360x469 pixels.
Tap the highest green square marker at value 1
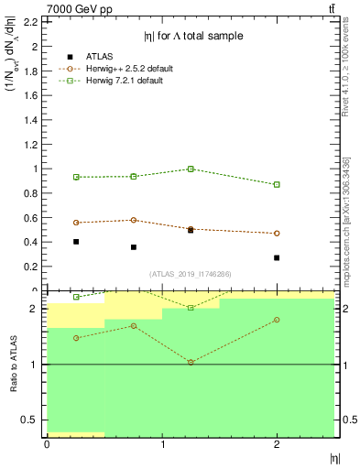coord(191,169)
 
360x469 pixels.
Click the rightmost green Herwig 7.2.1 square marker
coord(277,184)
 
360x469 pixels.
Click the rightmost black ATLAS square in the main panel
coord(277,257)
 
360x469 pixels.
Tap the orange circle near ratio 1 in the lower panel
coord(191,362)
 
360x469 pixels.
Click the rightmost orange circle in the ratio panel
coord(277,320)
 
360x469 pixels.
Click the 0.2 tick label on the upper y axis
coord(29,267)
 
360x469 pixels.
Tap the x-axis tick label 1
coord(162,443)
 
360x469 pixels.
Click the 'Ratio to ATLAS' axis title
coord(14,364)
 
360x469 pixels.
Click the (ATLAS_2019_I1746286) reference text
coord(191,274)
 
